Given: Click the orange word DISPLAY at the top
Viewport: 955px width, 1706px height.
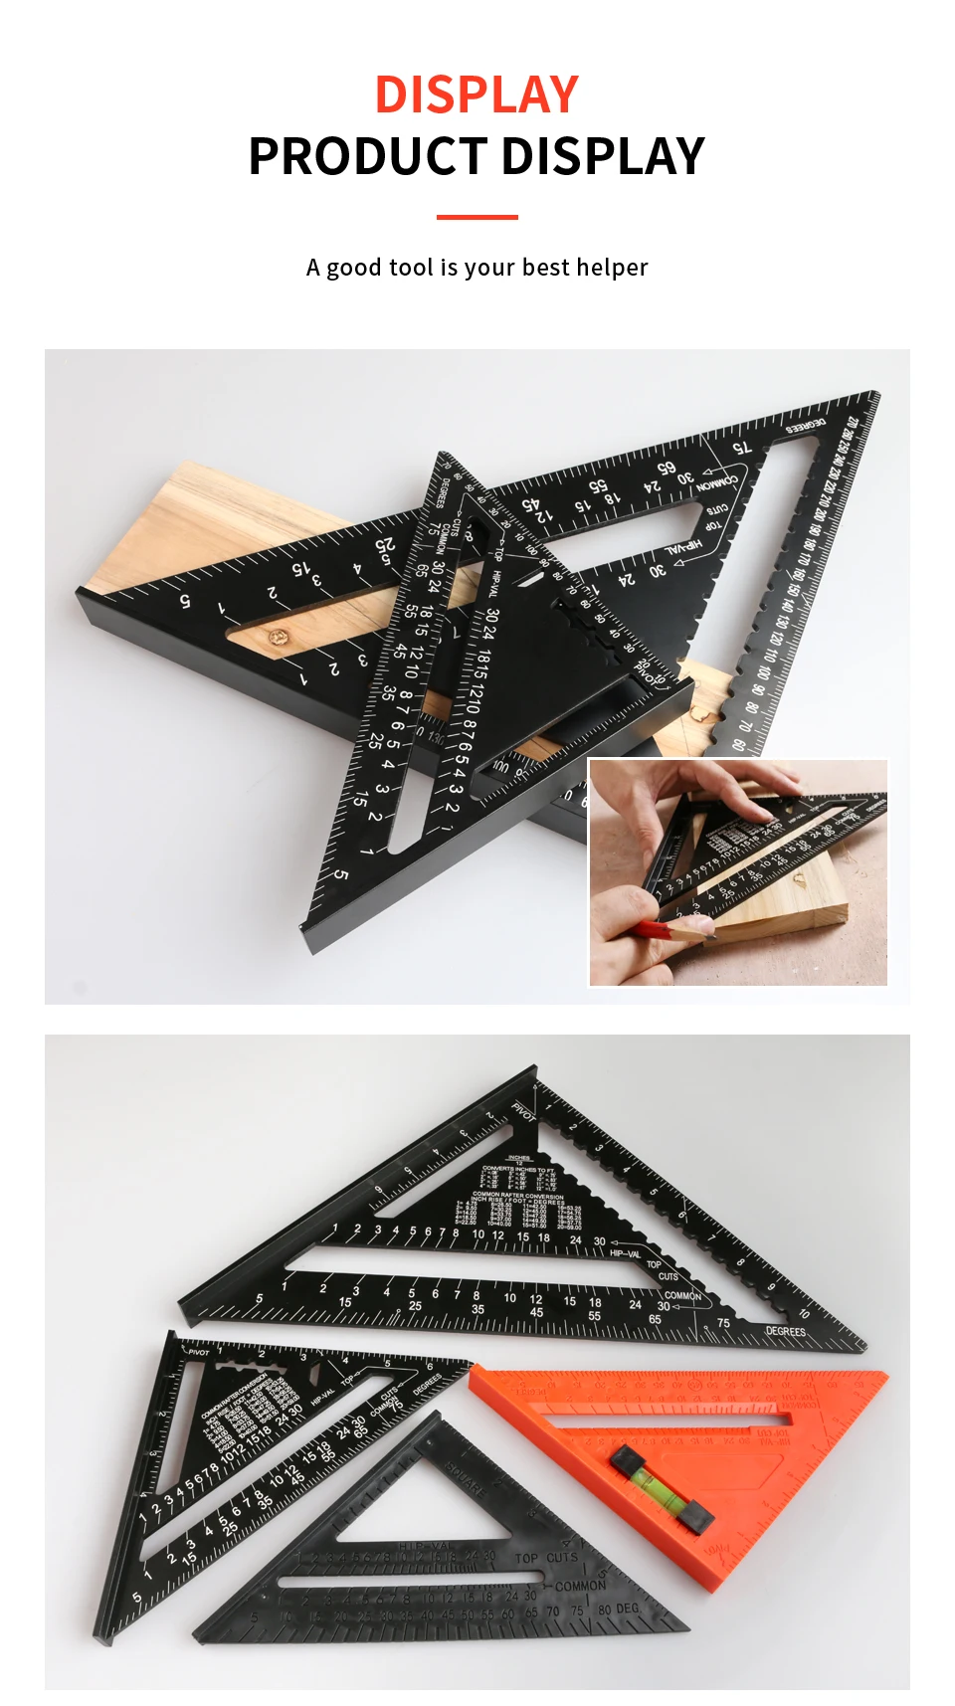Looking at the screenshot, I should coord(477,95).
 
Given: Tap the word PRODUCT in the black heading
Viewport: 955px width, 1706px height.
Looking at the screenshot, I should coord(366,157).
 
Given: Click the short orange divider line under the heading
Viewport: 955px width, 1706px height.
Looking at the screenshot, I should coord(477,217).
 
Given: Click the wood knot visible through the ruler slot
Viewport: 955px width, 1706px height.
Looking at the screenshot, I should coord(275,636).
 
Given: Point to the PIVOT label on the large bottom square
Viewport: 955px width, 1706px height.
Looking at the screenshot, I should coord(523,1111).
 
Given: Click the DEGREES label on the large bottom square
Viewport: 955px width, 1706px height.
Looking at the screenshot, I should coord(785,1331).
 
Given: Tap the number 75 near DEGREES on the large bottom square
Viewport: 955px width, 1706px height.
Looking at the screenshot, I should coord(723,1323).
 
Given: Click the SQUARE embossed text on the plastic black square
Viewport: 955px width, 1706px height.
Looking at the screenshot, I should coord(466,1477).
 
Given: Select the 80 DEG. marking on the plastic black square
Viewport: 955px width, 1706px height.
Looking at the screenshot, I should coord(618,1609).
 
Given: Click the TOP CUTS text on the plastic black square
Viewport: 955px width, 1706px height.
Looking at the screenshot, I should coord(546,1558).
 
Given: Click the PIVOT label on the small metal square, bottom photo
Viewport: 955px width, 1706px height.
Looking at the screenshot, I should coord(198,1352).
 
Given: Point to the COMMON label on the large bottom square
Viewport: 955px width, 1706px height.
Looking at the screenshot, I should coord(682,1295).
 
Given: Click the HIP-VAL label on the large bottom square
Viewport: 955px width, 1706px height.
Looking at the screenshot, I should coord(625,1253).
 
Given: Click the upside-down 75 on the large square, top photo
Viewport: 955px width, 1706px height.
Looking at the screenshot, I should coord(742,449).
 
